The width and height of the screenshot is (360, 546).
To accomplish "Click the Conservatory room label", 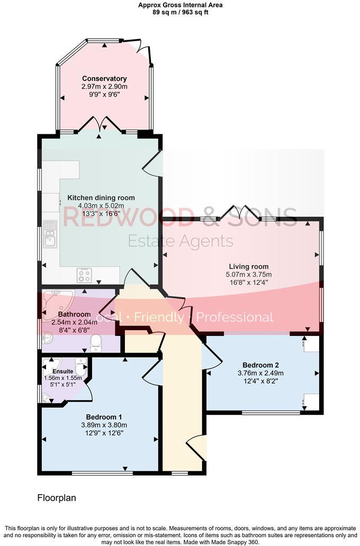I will point(104,79).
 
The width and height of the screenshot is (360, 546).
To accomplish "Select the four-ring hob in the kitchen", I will point(85,275).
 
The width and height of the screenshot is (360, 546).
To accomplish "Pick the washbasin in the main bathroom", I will point(47,335).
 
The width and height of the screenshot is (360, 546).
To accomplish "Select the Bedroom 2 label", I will point(260,365).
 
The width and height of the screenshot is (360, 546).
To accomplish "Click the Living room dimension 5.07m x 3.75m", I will point(249,275).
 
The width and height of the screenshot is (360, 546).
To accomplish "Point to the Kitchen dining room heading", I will point(101,198).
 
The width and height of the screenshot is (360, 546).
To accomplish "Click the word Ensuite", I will point(63,371).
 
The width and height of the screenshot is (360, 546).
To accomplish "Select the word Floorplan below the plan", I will point(57,498).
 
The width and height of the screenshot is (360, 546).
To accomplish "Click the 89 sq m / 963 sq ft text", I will point(179,12).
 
